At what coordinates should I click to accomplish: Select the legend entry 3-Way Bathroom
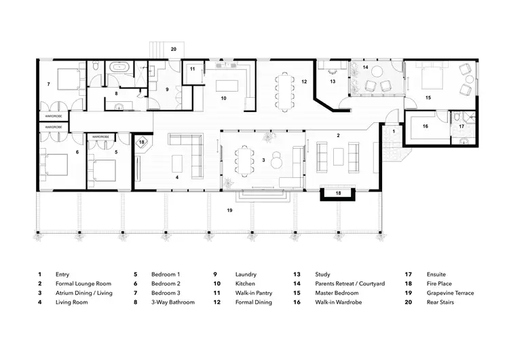(x=172, y=302)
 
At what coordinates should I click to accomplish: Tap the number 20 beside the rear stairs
(x=174, y=50)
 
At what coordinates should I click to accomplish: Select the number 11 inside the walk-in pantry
(x=193, y=69)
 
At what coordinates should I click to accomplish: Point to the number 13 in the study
(x=333, y=82)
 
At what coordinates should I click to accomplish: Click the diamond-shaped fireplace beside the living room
(x=143, y=143)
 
